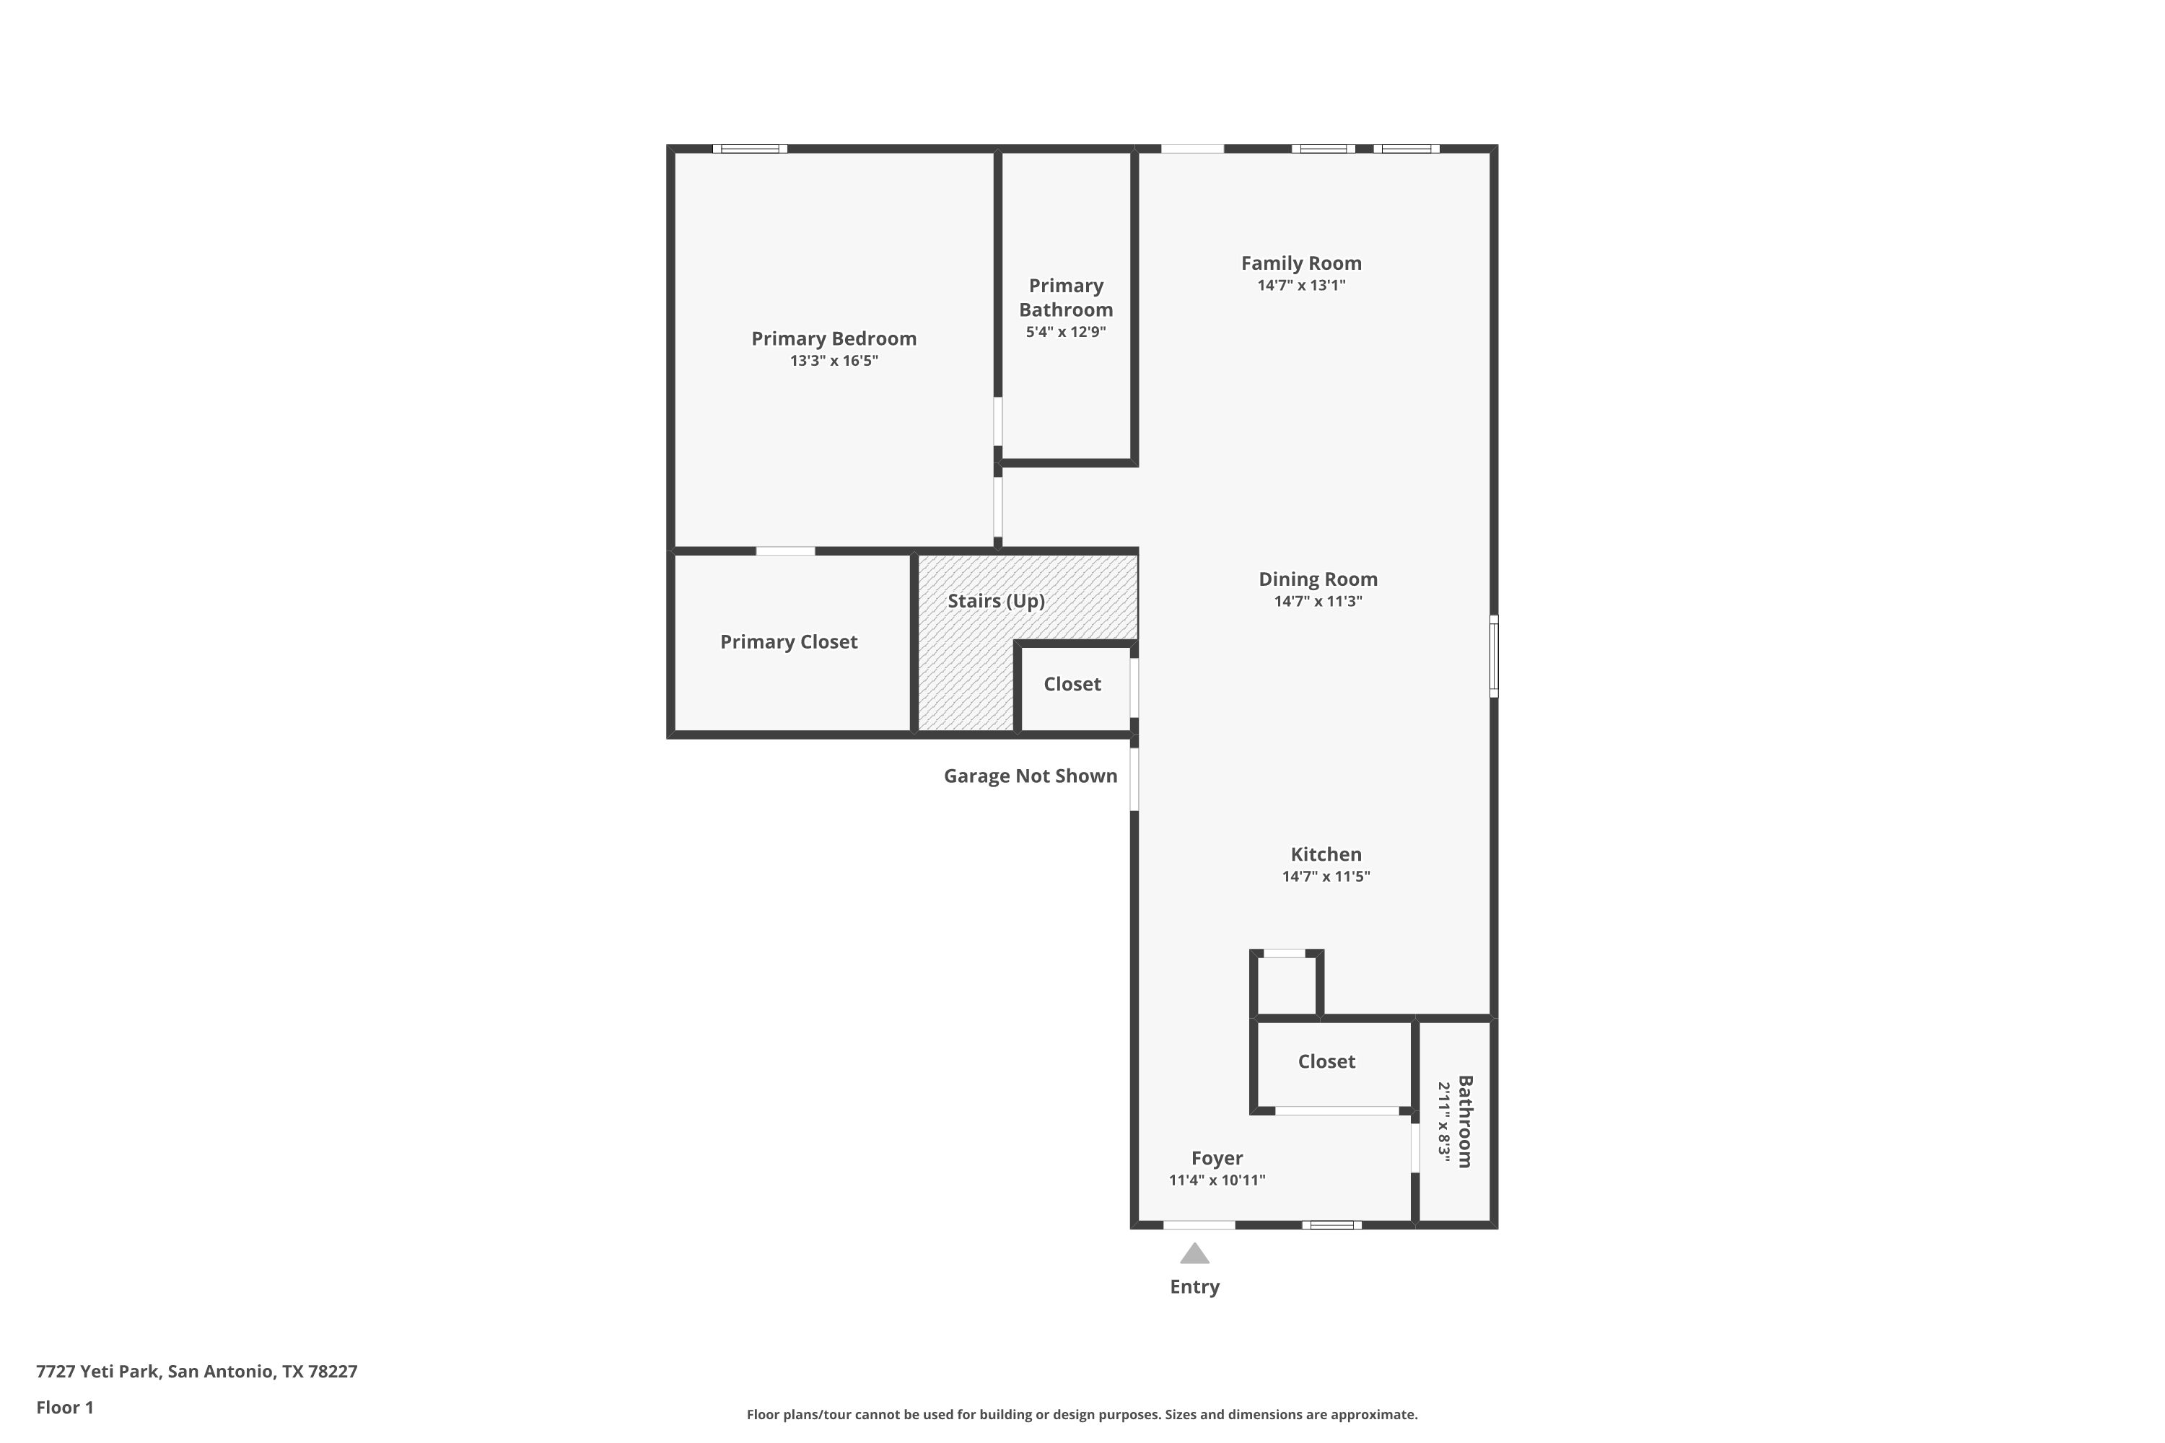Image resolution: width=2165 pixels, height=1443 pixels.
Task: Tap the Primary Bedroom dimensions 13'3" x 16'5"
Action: click(x=834, y=361)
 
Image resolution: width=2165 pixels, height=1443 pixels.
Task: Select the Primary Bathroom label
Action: click(x=1066, y=297)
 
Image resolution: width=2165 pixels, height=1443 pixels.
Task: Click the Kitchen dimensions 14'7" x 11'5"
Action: click(x=1326, y=876)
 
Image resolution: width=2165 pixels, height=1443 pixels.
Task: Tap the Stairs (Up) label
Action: click(x=996, y=601)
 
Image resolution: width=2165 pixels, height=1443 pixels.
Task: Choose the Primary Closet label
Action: click(x=789, y=642)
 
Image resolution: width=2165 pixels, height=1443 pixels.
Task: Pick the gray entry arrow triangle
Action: click(x=1195, y=1253)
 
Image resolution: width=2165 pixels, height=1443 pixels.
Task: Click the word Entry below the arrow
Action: click(x=1195, y=1286)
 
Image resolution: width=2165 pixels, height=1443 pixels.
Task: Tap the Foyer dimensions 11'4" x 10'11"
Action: click(x=1217, y=1180)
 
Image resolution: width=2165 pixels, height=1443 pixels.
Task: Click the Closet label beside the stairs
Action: click(x=1072, y=684)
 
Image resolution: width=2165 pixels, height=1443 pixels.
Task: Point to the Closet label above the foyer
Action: click(x=1326, y=1061)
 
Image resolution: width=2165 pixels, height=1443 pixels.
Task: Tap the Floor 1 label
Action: click(x=66, y=1407)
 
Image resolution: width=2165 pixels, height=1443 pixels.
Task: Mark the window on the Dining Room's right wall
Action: click(x=1494, y=656)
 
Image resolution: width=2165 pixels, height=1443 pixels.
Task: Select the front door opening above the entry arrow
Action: click(x=1199, y=1225)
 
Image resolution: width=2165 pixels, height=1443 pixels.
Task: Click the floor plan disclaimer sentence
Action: click(x=1082, y=1414)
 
